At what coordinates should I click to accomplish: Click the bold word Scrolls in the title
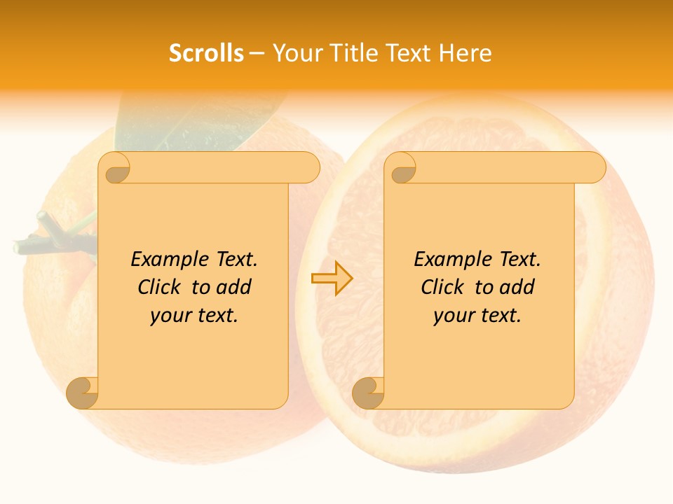tap(206, 53)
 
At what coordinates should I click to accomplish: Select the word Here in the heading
tap(465, 53)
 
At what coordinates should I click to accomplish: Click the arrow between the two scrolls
tap(332, 278)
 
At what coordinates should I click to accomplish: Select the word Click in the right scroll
tap(442, 287)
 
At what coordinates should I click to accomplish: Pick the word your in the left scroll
tap(169, 316)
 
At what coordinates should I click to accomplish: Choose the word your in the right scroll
tap(452, 316)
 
